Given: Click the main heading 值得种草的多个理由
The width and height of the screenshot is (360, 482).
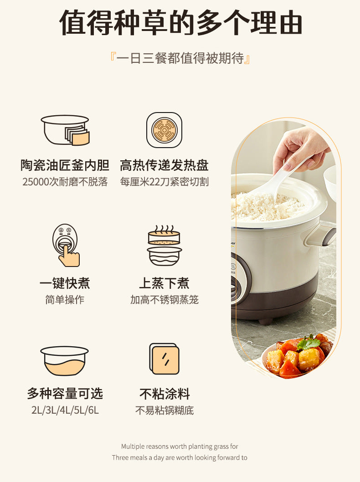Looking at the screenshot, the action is coord(181,22).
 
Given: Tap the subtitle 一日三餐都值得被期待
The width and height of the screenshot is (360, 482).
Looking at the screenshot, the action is coord(180,58).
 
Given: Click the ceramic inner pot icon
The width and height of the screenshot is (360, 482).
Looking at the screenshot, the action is coord(65,130).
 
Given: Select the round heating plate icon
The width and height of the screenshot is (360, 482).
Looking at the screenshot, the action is coord(164,130).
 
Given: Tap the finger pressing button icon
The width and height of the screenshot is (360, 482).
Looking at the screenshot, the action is coord(66,245).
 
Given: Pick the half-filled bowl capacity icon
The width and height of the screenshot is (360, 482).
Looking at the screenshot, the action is coord(65,360).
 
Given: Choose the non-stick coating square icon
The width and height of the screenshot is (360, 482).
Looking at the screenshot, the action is coord(164,359).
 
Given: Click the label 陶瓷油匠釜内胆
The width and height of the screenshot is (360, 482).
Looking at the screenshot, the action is coord(65,165).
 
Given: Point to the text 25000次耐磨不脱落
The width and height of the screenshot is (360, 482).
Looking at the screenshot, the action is coord(65,182).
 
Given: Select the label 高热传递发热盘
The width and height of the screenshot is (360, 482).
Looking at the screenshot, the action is coord(164,165).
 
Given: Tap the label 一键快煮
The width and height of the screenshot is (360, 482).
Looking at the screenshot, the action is coord(65,283).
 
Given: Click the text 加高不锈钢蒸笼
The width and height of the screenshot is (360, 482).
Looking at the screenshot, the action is coord(164,299).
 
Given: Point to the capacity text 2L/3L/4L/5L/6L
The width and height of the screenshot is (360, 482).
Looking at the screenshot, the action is coord(65,410).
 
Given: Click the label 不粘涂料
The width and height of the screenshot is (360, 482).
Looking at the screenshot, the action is coord(165,394).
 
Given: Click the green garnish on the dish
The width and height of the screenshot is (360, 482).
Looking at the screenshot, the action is coord(309,343).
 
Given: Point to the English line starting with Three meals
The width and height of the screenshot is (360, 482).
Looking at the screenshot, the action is coord(180,457).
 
